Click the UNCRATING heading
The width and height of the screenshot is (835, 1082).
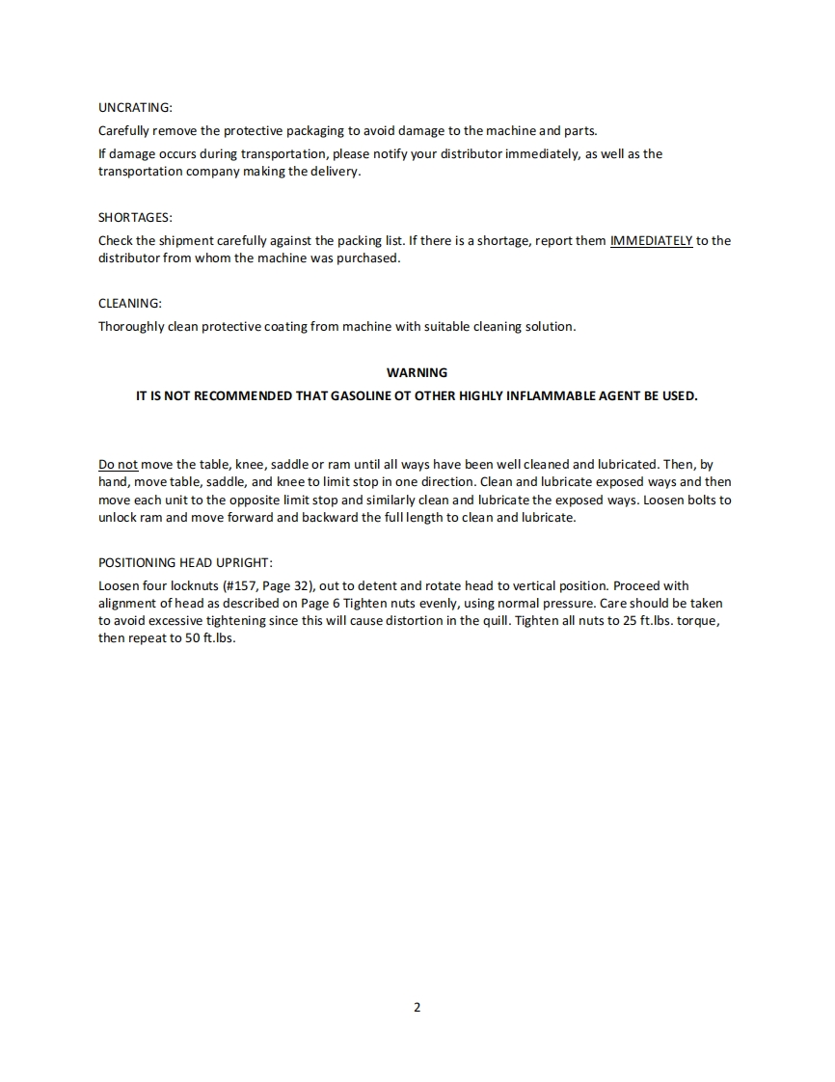pyautogui.click(x=135, y=107)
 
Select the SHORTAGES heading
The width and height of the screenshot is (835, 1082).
pyautogui.click(x=135, y=217)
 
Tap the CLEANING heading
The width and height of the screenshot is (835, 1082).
pyautogui.click(x=130, y=303)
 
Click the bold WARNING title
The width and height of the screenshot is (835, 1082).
pyautogui.click(x=417, y=372)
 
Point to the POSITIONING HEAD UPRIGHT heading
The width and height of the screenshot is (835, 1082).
pyautogui.click(x=185, y=562)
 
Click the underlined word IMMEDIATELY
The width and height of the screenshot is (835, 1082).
pyautogui.click(x=651, y=240)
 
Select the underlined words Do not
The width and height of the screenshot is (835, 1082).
pyautogui.click(x=118, y=464)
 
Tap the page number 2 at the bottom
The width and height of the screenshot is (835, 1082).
pyautogui.click(x=417, y=1008)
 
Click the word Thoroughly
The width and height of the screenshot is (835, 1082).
pyautogui.click(x=131, y=326)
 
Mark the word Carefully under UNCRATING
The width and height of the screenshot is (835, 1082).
pyautogui.click(x=124, y=130)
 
